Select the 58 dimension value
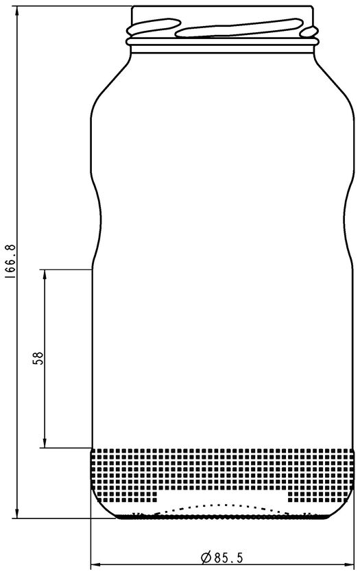coord(38,358)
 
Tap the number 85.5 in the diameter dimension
coord(228,558)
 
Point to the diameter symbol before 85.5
coord(206,558)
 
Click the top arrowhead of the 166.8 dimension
coord(17,11)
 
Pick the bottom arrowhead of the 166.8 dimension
coord(17,513)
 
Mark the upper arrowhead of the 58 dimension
coord(45,274)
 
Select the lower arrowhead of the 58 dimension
coord(45,443)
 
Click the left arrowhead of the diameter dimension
coord(96,564)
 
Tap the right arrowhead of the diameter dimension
coord(349,564)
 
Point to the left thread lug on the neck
coord(154,27)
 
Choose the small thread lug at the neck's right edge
coord(309,32)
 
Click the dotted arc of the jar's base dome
coord(223,505)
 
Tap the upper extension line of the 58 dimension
coord(65,269)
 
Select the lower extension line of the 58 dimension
coord(65,448)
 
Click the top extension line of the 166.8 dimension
coord(73,6)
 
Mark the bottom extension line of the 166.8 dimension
coord(64,518)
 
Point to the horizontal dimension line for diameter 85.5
coord(222,564)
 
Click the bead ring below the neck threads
coord(222,42)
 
